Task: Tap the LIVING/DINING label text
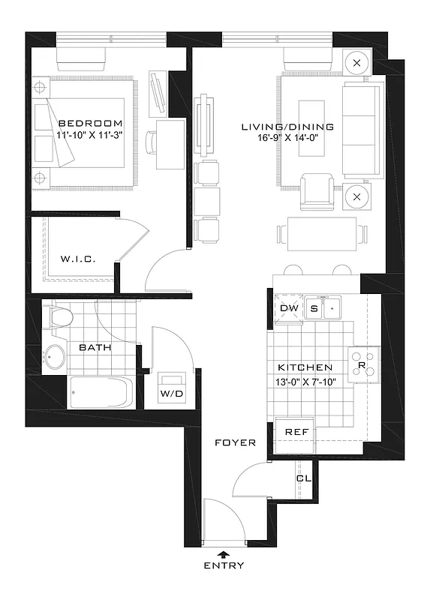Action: pos(287,127)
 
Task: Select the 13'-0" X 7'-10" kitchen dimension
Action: pos(305,381)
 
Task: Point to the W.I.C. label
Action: pos(77,259)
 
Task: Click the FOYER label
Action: pos(235,442)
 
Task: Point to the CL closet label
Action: pos(303,478)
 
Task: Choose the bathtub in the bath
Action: pos(101,393)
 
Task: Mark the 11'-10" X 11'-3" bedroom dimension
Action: pos(89,136)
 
